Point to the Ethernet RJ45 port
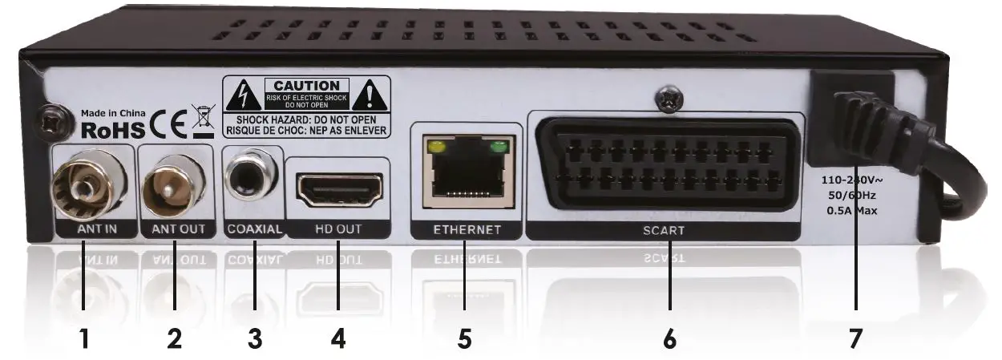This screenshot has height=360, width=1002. [463, 171]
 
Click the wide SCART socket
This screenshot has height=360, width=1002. [665, 164]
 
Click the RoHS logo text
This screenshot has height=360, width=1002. [113, 129]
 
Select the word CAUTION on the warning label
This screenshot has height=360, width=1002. [306, 85]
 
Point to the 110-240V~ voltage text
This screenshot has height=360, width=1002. [855, 180]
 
